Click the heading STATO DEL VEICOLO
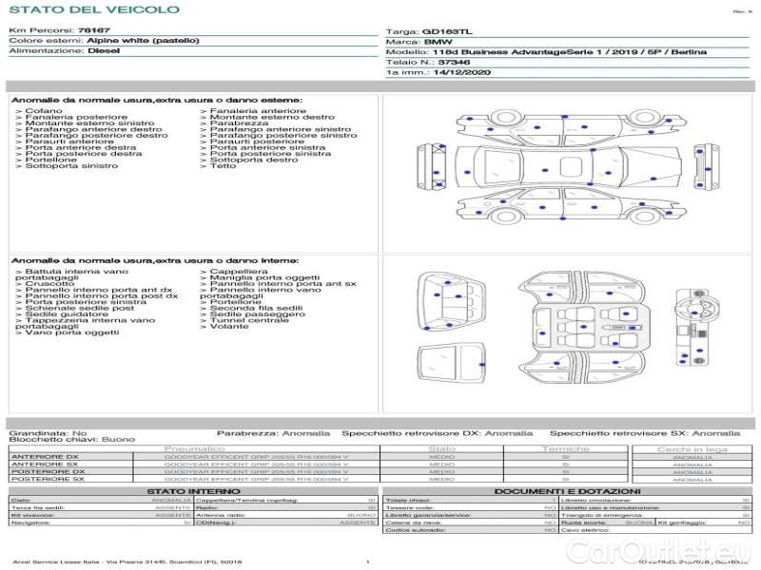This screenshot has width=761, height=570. pos(93,9)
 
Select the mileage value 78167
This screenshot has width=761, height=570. pos(93,31)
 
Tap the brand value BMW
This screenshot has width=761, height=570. pos(438,42)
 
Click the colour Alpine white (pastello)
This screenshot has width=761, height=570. pos(143,41)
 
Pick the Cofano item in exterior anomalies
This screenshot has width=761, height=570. pos(44,111)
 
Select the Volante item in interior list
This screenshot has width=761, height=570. pos(229,327)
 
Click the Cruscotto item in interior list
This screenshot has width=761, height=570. pos(49,284)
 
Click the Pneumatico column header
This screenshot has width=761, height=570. pos(195,448)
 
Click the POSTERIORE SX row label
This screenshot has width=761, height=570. pos(47,480)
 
